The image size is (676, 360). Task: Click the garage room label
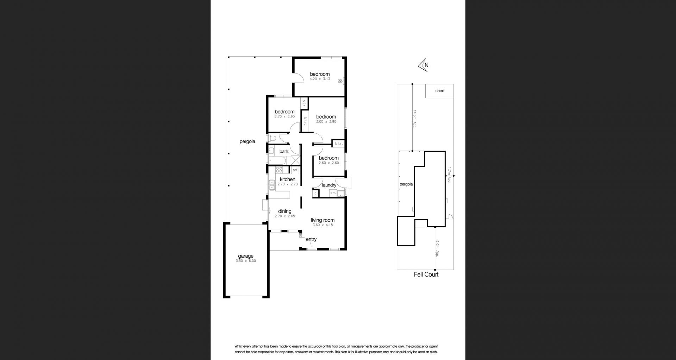[245, 256]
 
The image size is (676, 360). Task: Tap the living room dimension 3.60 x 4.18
[323, 225]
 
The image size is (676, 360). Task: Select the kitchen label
[288, 179]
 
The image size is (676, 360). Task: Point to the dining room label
[285, 211]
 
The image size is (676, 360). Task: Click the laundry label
[329, 185]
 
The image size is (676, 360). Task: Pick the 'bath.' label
[284, 152]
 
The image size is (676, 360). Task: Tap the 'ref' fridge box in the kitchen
[295, 170]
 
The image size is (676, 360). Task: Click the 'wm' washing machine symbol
[333, 193]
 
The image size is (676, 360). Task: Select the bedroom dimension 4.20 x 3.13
[320, 79]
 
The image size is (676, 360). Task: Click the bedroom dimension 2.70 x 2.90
[284, 116]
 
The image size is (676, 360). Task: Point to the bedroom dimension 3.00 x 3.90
[326, 121]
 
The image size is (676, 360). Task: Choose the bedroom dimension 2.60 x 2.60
[329, 163]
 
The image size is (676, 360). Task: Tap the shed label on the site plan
[440, 91]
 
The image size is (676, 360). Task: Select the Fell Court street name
[426, 274]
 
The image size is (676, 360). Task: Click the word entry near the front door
[311, 239]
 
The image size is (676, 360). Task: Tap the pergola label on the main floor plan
[247, 141]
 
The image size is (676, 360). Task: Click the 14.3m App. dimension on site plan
[415, 120]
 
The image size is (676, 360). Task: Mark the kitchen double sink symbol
[271, 185]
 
